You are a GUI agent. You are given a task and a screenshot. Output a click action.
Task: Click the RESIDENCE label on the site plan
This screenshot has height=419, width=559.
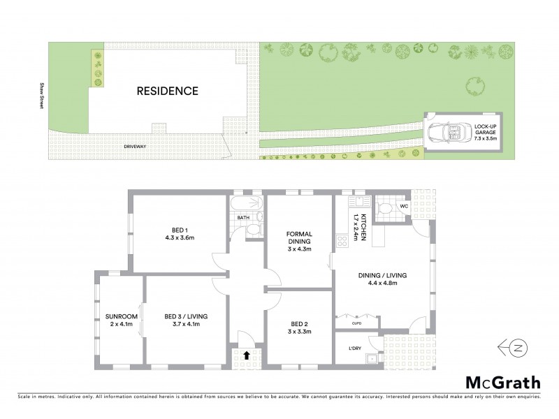pos(167,91)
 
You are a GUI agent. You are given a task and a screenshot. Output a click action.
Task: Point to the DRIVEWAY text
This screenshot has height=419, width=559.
pos(135,147)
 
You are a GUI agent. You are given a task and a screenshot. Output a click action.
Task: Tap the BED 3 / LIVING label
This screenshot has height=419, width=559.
pos(184,316)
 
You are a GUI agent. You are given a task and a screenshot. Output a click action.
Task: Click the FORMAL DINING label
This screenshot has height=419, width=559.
pos(298,237)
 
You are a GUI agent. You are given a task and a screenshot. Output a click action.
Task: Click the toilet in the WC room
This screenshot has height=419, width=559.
pos(384,207)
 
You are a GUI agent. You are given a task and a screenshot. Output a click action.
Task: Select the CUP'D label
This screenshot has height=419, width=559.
pos(356,322)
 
